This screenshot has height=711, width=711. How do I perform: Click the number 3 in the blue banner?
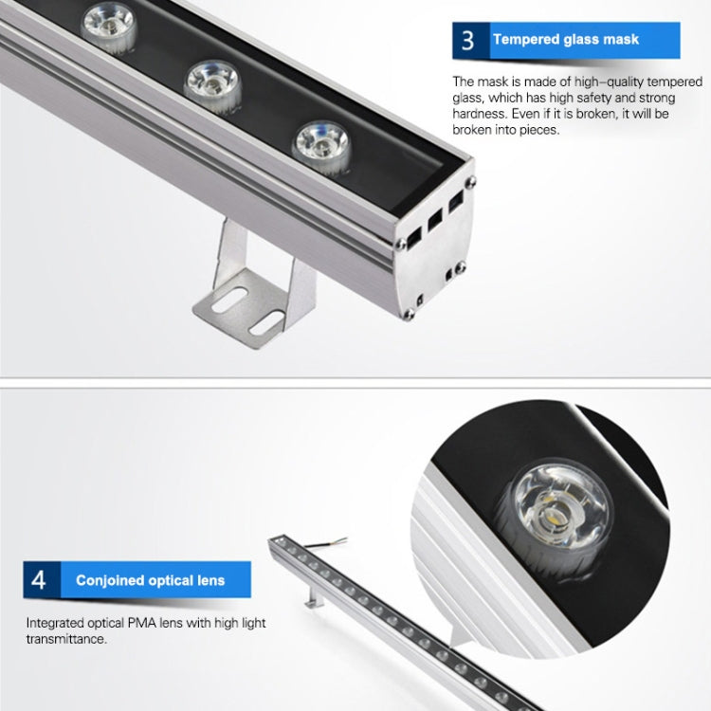[468, 40]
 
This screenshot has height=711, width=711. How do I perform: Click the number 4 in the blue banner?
[39, 580]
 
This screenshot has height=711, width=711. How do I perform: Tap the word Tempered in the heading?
[526, 40]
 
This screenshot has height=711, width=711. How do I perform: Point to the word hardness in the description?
[479, 114]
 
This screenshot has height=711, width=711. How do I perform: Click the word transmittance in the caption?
[65, 639]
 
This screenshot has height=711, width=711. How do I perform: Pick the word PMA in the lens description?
[141, 623]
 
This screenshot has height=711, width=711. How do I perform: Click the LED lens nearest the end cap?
[322, 147]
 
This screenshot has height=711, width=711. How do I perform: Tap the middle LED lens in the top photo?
[212, 86]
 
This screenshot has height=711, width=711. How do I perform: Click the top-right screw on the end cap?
[470, 182]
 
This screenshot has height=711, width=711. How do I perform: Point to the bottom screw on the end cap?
[409, 314]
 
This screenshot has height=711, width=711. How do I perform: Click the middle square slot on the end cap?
[434, 220]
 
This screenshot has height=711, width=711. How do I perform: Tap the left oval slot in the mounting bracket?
[229, 300]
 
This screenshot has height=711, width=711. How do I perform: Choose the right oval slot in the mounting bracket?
[266, 322]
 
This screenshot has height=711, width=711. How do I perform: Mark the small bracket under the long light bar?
[314, 596]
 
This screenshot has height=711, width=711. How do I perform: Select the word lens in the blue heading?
[210, 580]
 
